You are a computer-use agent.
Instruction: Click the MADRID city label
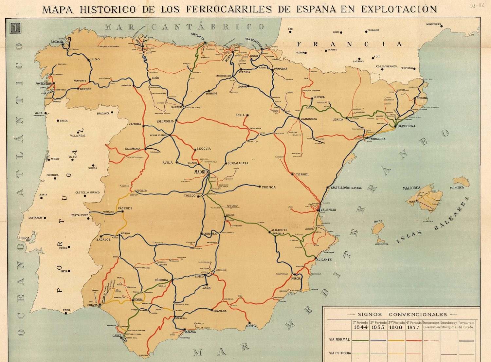point(201,172)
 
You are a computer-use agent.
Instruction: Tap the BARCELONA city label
point(406,126)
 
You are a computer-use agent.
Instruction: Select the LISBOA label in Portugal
point(24,238)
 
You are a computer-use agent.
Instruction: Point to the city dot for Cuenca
point(260,187)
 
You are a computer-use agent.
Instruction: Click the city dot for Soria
point(248,116)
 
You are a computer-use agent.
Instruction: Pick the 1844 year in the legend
point(361,327)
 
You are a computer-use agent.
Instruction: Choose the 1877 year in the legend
point(414,327)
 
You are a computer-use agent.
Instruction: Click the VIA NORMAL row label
point(339,340)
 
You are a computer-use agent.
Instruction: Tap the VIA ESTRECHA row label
point(340,353)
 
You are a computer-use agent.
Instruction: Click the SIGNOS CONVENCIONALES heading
point(402,315)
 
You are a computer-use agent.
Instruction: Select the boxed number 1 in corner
point(15,28)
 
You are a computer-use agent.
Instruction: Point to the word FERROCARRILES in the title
point(229,9)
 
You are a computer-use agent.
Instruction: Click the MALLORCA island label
point(411,188)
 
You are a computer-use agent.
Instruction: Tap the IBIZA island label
point(378,222)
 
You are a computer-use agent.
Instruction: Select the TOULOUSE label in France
point(373,30)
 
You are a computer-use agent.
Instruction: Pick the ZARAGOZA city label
point(309,119)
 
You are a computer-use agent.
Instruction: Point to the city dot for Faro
point(66,313)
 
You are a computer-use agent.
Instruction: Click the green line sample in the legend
point(361,341)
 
